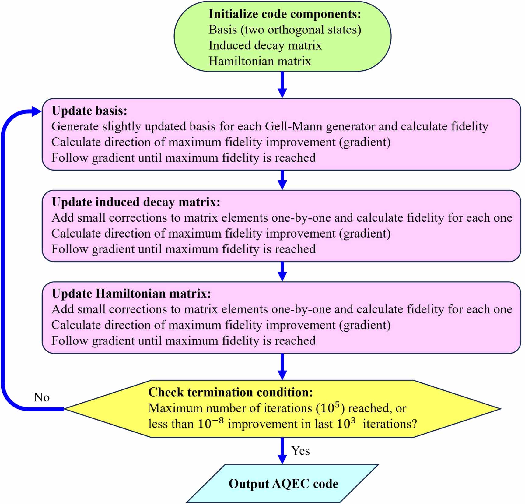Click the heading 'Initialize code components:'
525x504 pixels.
285,14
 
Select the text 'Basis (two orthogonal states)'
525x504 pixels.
285,30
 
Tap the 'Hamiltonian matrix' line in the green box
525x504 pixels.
260,61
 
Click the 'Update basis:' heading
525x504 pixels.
89,111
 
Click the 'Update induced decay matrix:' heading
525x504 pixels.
136,202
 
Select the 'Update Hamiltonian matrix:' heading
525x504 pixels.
131,294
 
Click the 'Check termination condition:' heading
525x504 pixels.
230,392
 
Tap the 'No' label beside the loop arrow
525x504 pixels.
42,397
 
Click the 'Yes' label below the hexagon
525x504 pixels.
300,451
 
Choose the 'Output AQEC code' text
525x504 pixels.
283,484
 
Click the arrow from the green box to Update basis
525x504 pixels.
282,85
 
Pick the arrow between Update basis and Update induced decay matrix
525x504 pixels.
282,180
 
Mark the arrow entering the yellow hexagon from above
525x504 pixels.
282,367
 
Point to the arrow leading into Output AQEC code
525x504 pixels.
282,451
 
